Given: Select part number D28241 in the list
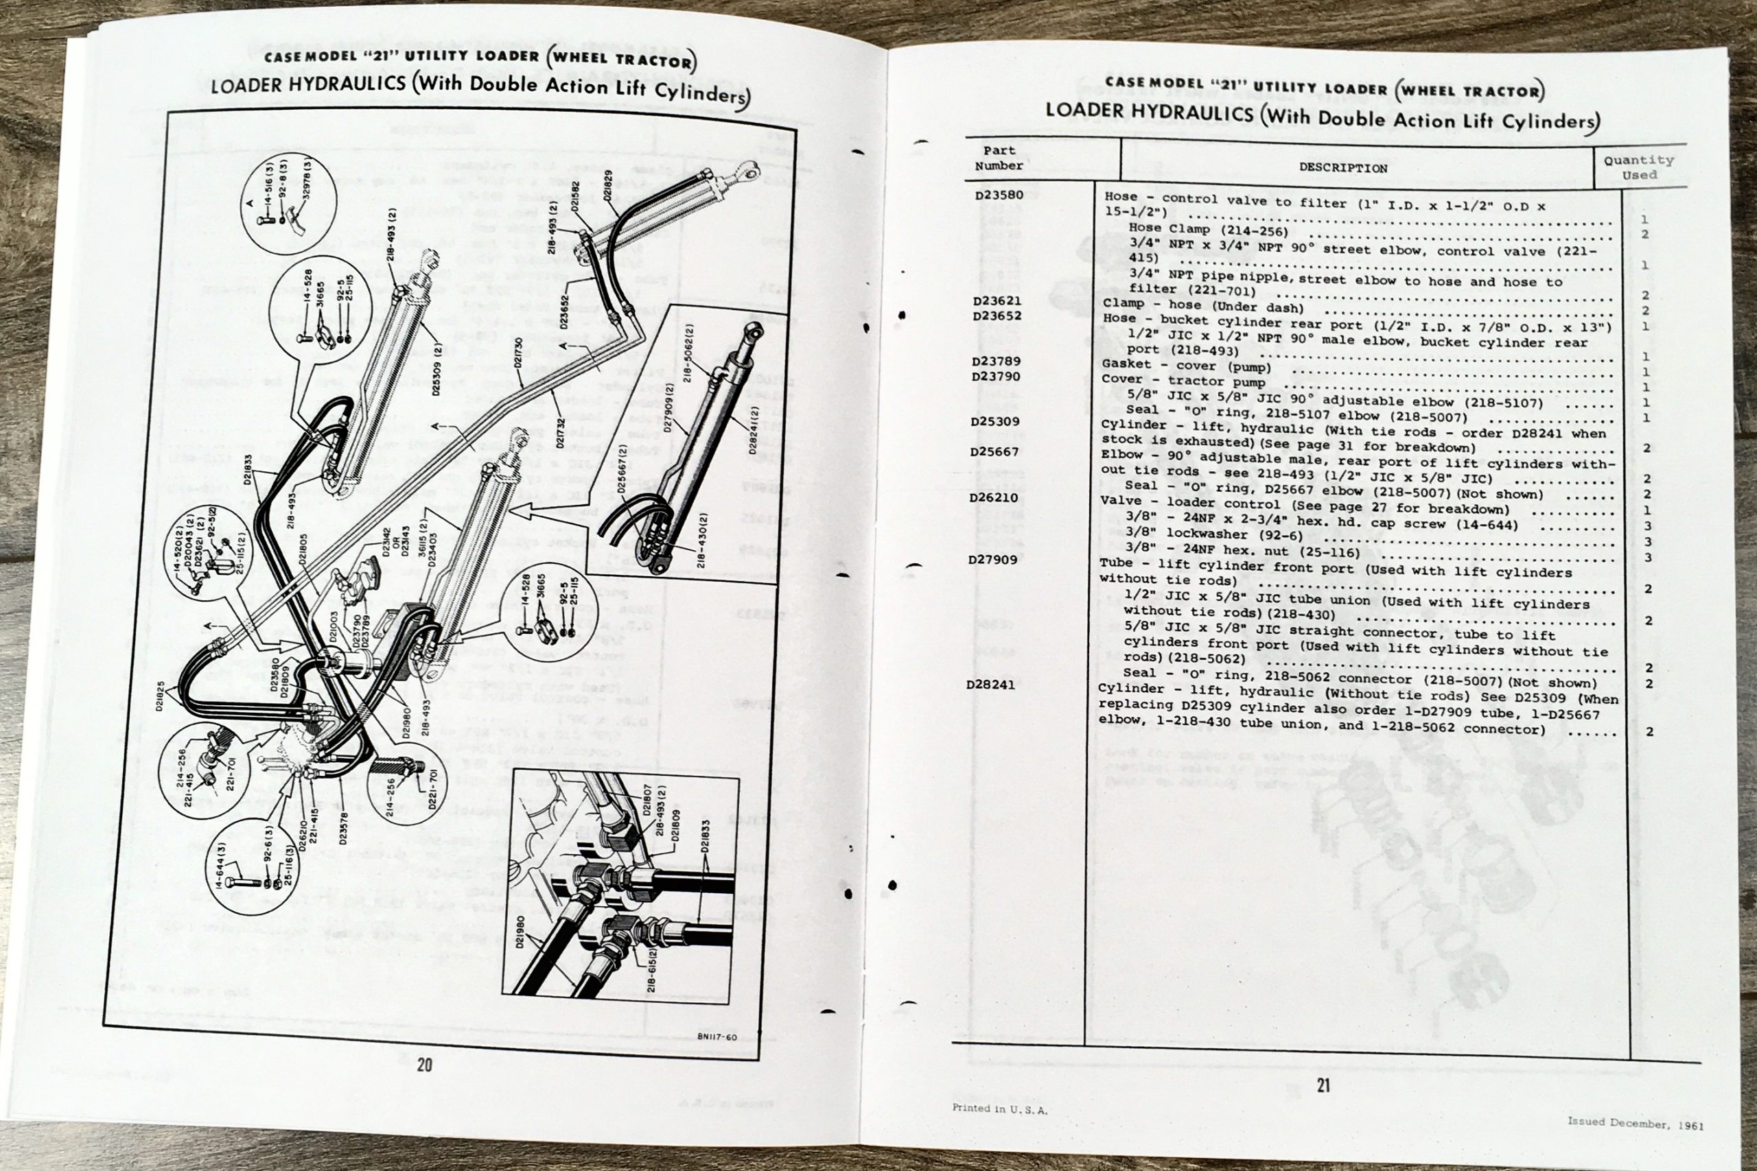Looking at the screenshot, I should pyautogui.click(x=990, y=684).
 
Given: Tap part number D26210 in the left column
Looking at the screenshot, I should pyautogui.click(x=994, y=497).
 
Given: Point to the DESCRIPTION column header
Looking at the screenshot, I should pyautogui.click(x=1342, y=168).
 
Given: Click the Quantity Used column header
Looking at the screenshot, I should pyautogui.click(x=1639, y=167).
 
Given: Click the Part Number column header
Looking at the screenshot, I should pyautogui.click(x=999, y=158).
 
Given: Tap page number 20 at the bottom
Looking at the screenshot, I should pyautogui.click(x=423, y=1065).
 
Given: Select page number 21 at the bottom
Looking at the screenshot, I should pyautogui.click(x=1323, y=1085).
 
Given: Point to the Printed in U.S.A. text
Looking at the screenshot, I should pyautogui.click(x=999, y=1109).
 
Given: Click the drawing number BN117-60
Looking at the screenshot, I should pyautogui.click(x=716, y=1037).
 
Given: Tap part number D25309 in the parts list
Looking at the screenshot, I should pyautogui.click(x=995, y=421).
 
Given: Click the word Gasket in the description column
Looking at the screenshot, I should pyautogui.click(x=1126, y=364).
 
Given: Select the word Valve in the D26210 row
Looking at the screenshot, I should pyautogui.click(x=1121, y=500).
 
